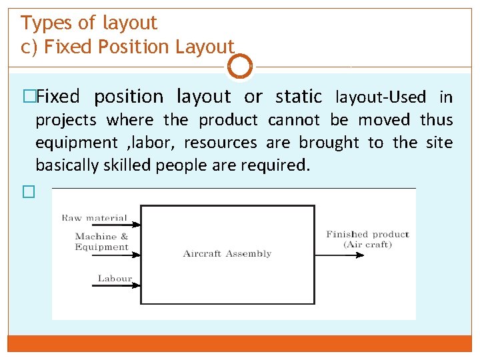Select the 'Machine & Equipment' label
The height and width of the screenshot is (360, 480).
[101, 241]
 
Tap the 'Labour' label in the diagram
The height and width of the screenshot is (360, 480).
[115, 278]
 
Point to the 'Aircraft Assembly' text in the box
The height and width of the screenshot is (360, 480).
[227, 253]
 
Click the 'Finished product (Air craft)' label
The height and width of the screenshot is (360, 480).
[367, 239]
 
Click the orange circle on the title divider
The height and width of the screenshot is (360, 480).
[240, 67]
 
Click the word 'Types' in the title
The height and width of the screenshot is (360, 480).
[47, 23]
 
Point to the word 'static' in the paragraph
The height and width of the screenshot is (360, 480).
[298, 97]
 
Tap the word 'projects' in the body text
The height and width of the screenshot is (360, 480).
[66, 121]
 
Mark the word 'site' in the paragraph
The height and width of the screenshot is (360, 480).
[439, 143]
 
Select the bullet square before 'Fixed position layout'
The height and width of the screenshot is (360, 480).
[28, 97]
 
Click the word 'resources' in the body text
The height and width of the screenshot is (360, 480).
[219, 143]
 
